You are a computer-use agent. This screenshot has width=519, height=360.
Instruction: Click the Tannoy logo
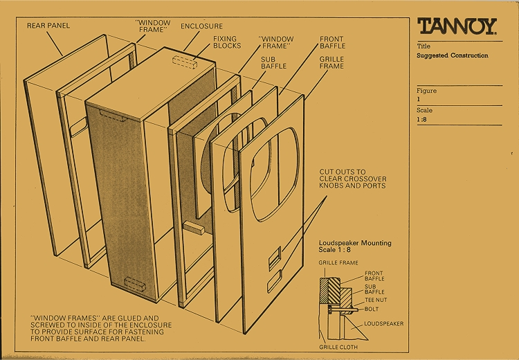pyautogui.click(x=457, y=26)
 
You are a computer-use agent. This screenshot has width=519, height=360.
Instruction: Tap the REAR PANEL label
pyautogui.click(x=48, y=26)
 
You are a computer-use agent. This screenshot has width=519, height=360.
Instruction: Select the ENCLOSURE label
pyautogui.click(x=201, y=26)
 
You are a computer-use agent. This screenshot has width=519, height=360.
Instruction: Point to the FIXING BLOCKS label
pyautogui.click(x=227, y=42)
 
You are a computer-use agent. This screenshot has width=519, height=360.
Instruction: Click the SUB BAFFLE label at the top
pyautogui.click(x=273, y=62)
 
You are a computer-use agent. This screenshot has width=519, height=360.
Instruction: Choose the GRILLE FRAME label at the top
pyautogui.click(x=331, y=62)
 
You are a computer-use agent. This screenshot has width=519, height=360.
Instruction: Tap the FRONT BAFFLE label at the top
pyautogui.click(x=332, y=42)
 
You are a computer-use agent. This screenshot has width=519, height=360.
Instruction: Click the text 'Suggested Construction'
pyautogui.click(x=452, y=55)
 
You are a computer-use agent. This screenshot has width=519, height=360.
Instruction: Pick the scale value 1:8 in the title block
pyautogui.click(x=421, y=119)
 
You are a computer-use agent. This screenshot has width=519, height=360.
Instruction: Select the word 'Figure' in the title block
pyautogui.click(x=426, y=91)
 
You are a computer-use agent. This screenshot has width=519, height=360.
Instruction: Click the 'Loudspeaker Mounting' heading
pyautogui.click(x=355, y=243)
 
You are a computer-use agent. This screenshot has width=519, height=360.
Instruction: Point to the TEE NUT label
pyautogui.click(x=376, y=300)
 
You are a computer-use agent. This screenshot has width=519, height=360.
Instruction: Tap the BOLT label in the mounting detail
pyautogui.click(x=372, y=309)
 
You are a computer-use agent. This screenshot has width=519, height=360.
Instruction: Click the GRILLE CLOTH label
pyautogui.click(x=338, y=347)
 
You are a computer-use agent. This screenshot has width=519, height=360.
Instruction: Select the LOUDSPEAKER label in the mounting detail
pyautogui.click(x=383, y=323)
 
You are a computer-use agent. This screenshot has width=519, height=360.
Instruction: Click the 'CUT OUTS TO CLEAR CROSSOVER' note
pyautogui.click(x=352, y=175)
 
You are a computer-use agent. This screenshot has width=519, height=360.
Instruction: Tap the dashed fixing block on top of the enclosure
pyautogui.click(x=185, y=62)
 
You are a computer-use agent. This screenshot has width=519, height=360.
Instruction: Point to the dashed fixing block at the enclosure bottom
pyautogui.click(x=135, y=285)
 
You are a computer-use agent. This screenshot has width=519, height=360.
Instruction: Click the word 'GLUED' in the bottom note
pyautogui.click(x=130, y=318)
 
